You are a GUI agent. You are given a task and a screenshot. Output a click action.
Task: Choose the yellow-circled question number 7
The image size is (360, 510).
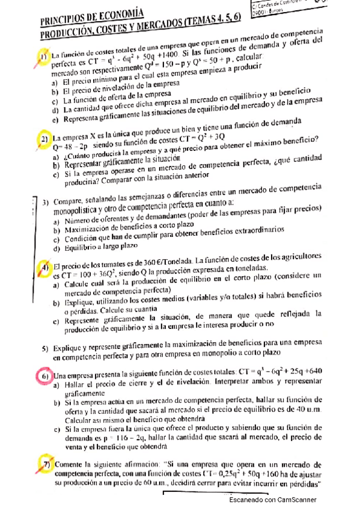[45, 465]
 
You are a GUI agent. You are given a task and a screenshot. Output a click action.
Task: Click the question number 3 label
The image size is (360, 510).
[46, 202]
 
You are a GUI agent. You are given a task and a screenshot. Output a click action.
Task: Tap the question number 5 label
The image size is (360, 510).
[45, 348]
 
